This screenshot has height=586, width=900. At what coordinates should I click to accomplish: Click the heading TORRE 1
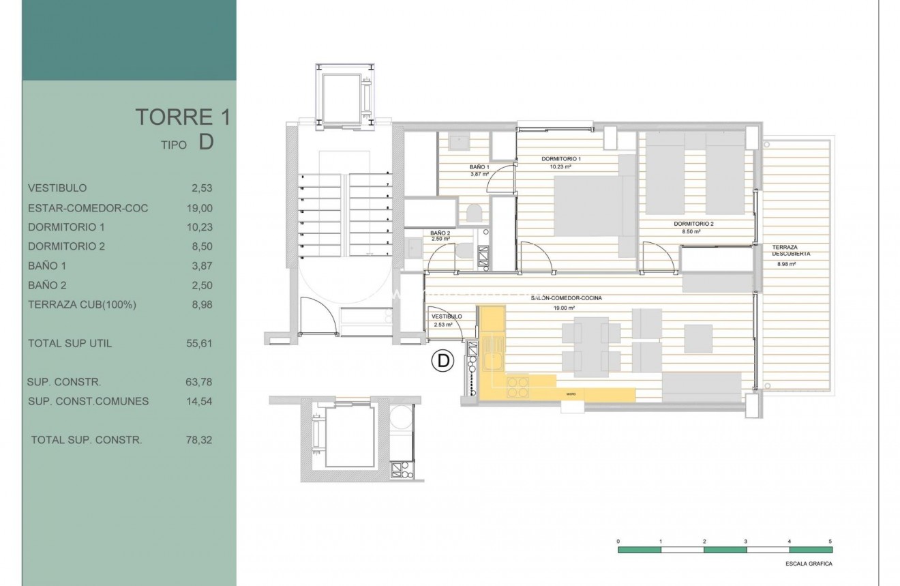tap(182, 117)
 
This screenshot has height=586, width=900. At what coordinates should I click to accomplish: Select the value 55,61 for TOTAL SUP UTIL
tap(198, 343)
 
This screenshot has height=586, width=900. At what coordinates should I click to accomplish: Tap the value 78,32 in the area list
tap(198, 440)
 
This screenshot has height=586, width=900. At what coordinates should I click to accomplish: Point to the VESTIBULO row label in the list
tap(57, 188)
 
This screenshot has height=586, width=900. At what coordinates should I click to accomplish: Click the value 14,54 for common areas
tap(198, 401)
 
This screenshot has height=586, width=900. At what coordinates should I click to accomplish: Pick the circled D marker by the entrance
tap(443, 361)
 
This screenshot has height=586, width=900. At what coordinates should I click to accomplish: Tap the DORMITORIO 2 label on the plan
tap(693, 224)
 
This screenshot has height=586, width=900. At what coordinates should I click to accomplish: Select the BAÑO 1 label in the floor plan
tap(479, 167)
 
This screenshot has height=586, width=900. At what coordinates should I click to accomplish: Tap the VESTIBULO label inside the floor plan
tap(447, 317)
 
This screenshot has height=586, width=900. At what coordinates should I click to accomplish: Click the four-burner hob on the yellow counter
tap(517, 387)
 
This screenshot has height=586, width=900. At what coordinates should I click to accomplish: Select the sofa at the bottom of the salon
tap(702, 387)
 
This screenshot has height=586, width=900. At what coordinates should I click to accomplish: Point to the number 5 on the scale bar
tap(830, 540)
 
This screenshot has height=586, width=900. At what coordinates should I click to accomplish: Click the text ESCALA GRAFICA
tap(809, 564)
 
